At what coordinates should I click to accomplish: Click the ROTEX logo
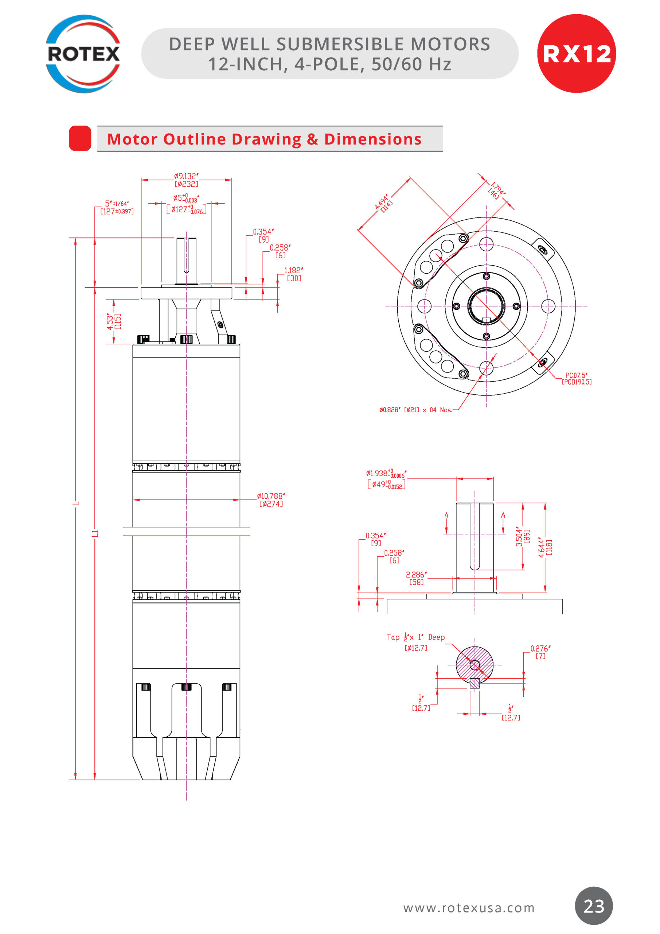pos(83,54)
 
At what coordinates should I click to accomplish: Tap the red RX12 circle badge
pos(576,53)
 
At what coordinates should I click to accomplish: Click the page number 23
pos(594,906)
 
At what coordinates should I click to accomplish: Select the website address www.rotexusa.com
pos(469,908)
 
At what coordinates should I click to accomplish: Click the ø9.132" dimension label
pos(186,180)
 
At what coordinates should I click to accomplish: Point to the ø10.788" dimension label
pos(271,499)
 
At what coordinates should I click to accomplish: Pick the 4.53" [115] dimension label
pos(113,321)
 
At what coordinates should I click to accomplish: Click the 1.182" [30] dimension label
pos(293,274)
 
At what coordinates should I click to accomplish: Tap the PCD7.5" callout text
pos(576,378)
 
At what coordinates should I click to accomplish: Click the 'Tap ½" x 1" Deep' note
pos(416,637)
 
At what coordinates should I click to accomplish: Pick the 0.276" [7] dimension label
pos(540,652)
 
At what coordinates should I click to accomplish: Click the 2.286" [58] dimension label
pos(416,578)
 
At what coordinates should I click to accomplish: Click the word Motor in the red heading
pos(132,139)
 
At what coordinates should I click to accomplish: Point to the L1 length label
pos(95,533)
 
